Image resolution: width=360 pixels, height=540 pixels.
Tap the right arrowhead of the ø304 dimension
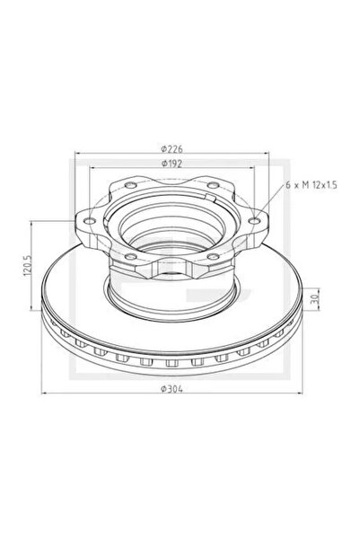(305, 396)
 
